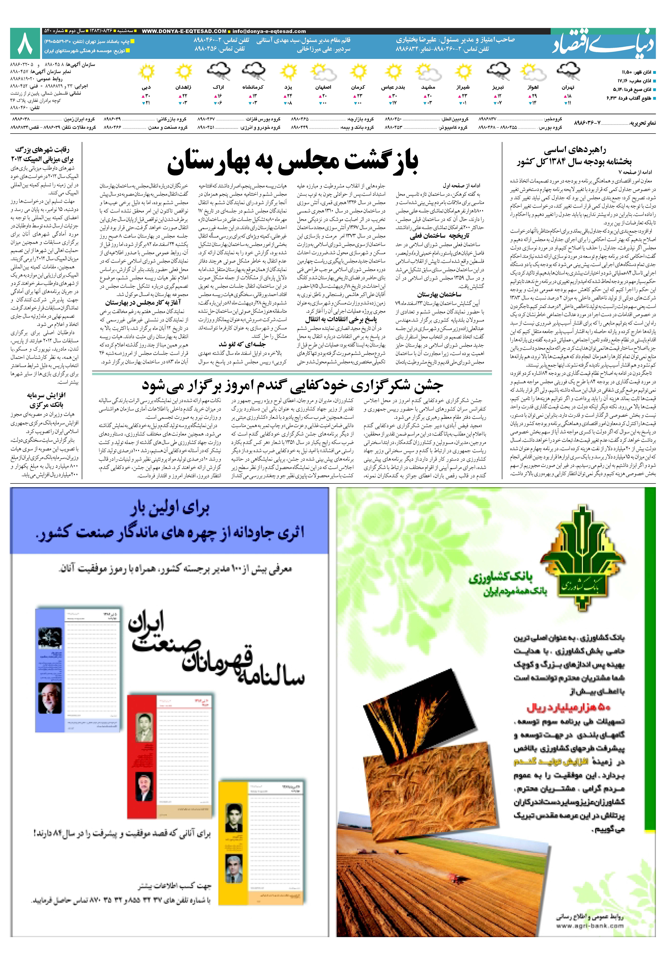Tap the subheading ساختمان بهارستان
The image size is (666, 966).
(x=439, y=295)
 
